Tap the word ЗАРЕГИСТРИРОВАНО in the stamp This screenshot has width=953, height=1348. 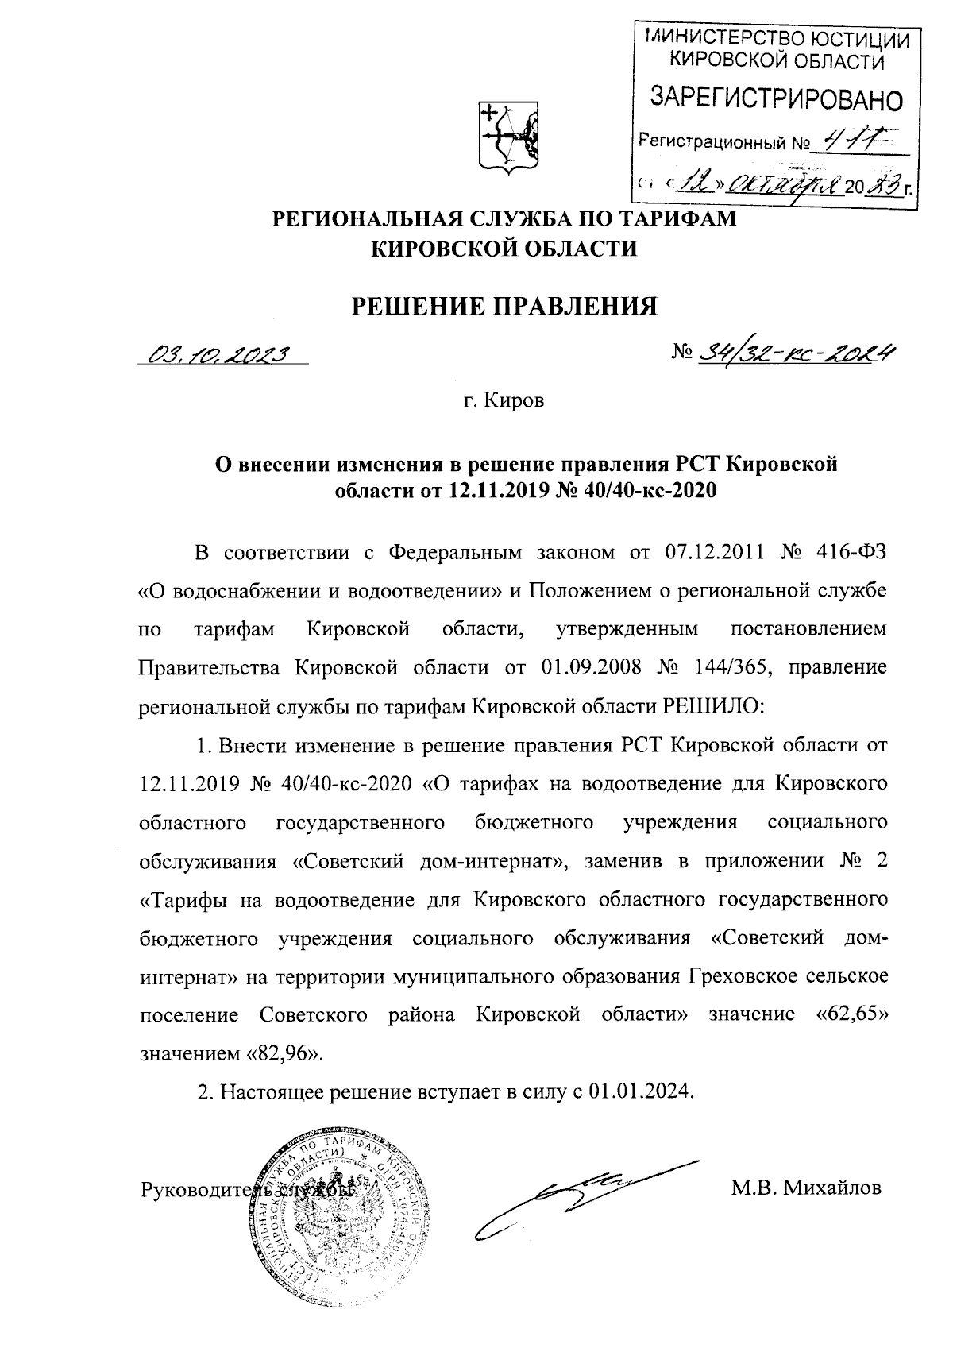coord(777,98)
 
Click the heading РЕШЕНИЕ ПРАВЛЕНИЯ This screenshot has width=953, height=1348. coord(505,306)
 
